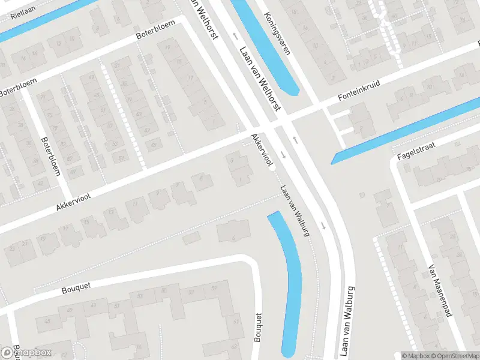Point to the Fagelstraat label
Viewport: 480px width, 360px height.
(x=415, y=149)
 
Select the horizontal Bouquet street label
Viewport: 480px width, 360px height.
(x=76, y=289)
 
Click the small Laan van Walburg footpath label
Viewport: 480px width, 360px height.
(x=294, y=209)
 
